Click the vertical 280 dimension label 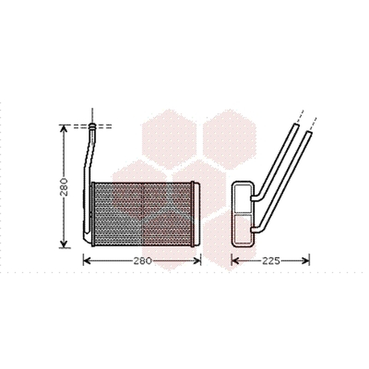64,187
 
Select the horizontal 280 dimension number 143,261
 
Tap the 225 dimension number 271,261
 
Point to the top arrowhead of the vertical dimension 64,129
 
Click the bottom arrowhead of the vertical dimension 64,244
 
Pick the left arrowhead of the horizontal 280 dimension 87,261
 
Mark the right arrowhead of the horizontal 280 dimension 197,261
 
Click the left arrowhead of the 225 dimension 235,261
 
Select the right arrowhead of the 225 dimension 306,261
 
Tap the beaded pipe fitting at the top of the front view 93,126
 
